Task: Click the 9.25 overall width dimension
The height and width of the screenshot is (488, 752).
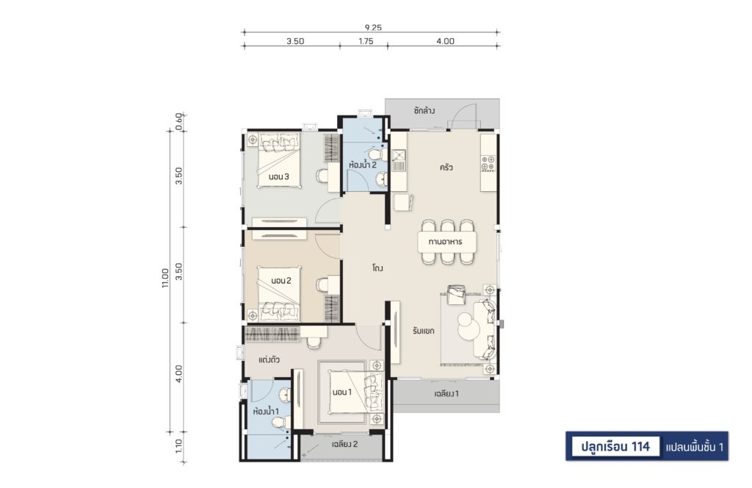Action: pyautogui.click(x=372, y=28)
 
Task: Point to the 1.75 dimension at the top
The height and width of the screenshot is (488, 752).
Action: pyautogui.click(x=366, y=41)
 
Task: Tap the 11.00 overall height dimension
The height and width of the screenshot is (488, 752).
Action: pyautogui.click(x=165, y=278)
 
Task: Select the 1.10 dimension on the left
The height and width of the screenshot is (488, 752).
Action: pyautogui.click(x=179, y=446)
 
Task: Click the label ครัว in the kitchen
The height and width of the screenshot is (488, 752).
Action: pyautogui.click(x=446, y=168)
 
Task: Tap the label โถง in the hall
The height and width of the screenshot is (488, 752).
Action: pyautogui.click(x=377, y=268)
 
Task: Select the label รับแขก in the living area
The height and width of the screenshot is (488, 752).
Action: pyautogui.click(x=424, y=331)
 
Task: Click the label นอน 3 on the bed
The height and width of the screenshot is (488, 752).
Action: pyautogui.click(x=278, y=176)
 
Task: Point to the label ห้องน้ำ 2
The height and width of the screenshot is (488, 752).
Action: pyautogui.click(x=363, y=165)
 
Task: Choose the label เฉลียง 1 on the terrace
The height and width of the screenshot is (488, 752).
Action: pyautogui.click(x=446, y=394)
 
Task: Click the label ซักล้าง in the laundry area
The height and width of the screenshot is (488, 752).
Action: pyautogui.click(x=424, y=110)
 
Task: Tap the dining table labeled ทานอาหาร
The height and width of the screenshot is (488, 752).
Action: pyautogui.click(x=446, y=241)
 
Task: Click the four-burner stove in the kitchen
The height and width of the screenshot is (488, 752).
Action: pyautogui.click(x=488, y=163)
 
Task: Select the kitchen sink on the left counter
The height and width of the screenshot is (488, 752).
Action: pyautogui.click(x=399, y=160)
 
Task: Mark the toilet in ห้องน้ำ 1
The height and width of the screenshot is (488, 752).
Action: pyautogui.click(x=278, y=423)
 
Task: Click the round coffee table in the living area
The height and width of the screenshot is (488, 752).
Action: pyautogui.click(x=465, y=326)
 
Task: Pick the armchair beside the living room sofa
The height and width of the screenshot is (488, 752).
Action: pyautogui.click(x=456, y=294)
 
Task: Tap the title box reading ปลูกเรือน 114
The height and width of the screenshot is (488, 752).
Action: pyautogui.click(x=615, y=447)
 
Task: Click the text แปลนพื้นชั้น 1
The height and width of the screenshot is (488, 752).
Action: pyautogui.click(x=695, y=448)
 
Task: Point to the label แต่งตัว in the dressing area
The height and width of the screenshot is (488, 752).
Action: pyautogui.click(x=269, y=360)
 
